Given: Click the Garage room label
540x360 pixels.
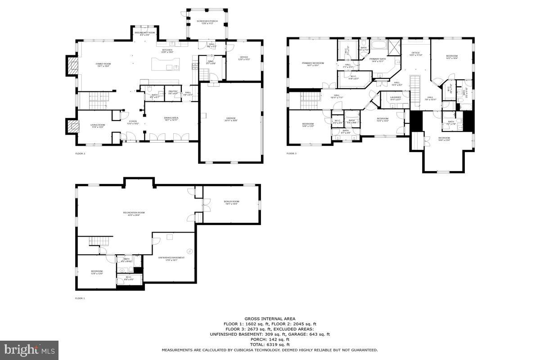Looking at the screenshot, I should [x=231, y=119].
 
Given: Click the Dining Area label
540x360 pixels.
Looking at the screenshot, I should [x=171, y=118].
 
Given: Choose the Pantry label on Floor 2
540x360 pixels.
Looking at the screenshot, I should [x=173, y=92].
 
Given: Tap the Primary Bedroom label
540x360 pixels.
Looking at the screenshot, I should [x=313, y=64].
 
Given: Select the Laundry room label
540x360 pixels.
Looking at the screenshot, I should [x=396, y=98].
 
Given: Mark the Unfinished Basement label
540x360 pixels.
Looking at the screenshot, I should [x=171, y=258].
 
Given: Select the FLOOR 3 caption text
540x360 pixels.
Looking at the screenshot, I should [x=292, y=153].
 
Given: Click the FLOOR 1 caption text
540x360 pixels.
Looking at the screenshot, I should [x=80, y=298].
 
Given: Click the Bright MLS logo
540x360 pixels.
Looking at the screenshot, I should [x=30, y=349].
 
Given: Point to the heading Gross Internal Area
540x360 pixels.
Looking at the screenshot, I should [x=270, y=319].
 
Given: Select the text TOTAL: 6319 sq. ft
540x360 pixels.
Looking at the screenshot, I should [x=270, y=344].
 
